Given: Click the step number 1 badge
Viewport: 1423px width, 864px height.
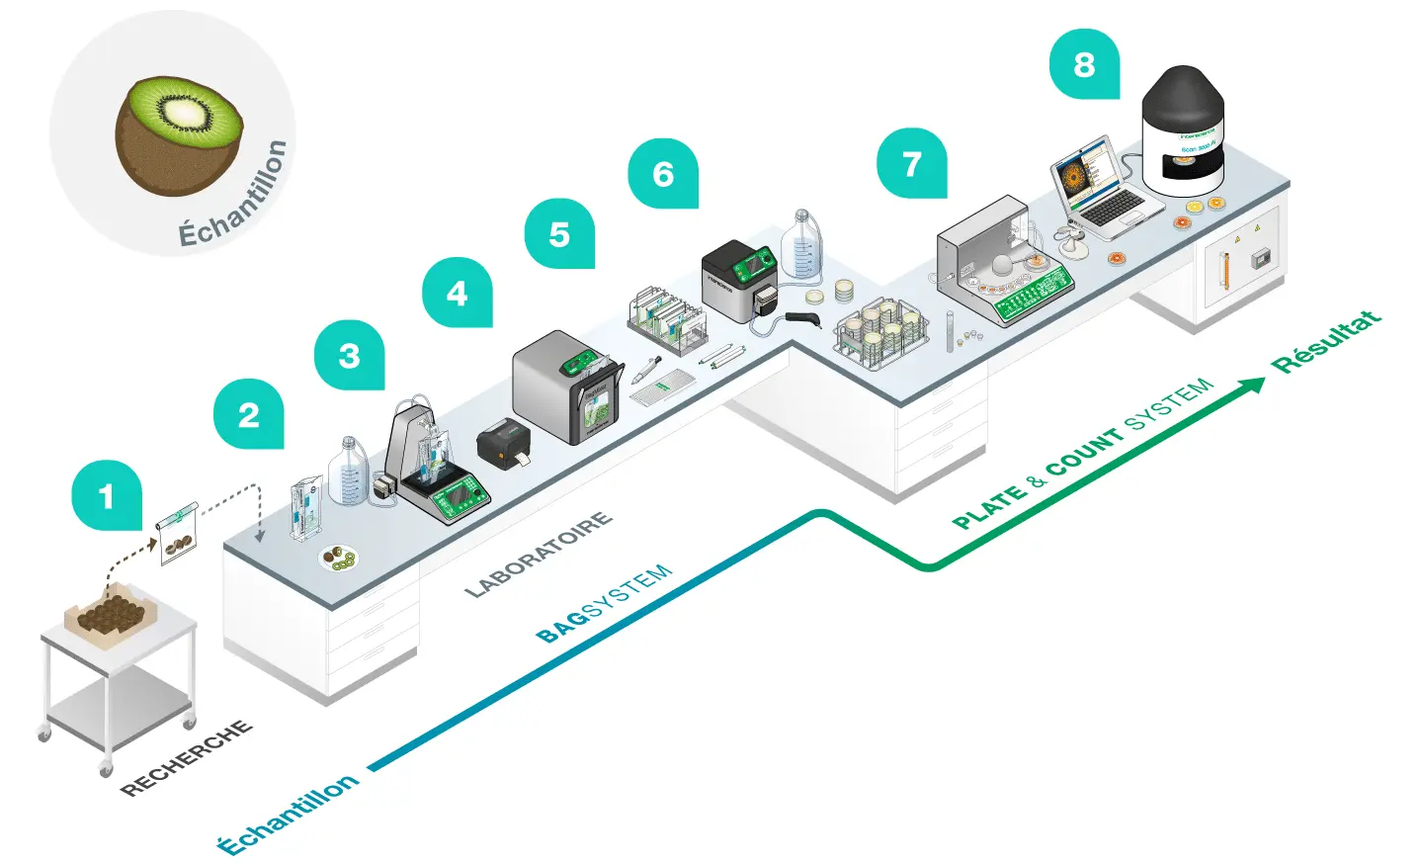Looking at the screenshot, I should click(107, 495).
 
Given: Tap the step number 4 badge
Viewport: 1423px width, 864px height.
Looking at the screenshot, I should click(457, 293).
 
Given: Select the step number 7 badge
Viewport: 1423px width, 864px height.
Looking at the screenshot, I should click(911, 163).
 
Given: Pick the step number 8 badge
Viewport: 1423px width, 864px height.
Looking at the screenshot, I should click(1084, 64).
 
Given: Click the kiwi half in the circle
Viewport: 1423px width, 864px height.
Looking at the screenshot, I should click(179, 133).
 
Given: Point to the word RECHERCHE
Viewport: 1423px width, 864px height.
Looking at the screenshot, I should click(186, 758).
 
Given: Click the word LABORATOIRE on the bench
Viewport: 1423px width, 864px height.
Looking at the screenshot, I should click(539, 555).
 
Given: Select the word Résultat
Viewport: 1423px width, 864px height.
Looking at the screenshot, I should click(1325, 342).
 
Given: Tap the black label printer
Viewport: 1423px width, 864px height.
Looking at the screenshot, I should click(504, 442).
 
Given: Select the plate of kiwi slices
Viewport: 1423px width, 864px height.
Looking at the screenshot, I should click(339, 559).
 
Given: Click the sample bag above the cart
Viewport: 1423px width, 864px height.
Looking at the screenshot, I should click(178, 534).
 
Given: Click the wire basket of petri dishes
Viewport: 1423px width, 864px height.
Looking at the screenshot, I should click(880, 334).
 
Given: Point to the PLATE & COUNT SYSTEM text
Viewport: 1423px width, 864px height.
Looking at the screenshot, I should click(1082, 453).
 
